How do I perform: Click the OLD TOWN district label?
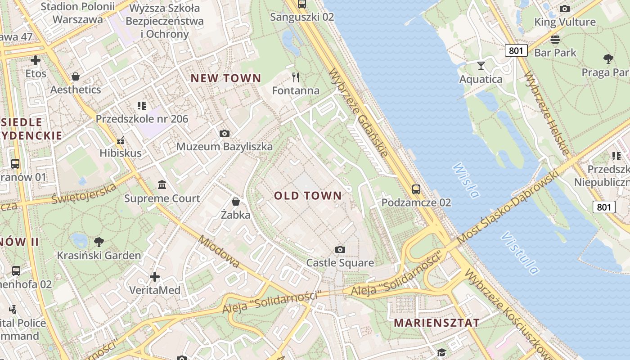(308, 196)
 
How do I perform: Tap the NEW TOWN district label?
(225, 78)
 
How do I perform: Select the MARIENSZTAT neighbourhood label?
(436, 323)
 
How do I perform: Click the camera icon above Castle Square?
(340, 249)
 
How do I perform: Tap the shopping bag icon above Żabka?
(235, 201)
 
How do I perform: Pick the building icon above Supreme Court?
(162, 184)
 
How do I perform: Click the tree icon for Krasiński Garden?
(99, 242)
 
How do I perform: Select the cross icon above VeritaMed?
(155, 276)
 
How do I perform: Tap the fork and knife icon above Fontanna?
(296, 77)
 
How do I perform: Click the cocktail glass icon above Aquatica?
(481, 66)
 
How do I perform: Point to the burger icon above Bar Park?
(555, 39)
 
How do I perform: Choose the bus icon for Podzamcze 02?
(416, 189)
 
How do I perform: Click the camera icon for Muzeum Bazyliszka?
(224, 133)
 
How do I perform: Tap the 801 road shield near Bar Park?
(516, 50)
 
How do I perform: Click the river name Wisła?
(466, 180)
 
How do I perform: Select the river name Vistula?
(520, 253)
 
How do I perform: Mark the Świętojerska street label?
(84, 193)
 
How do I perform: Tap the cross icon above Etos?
(36, 60)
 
